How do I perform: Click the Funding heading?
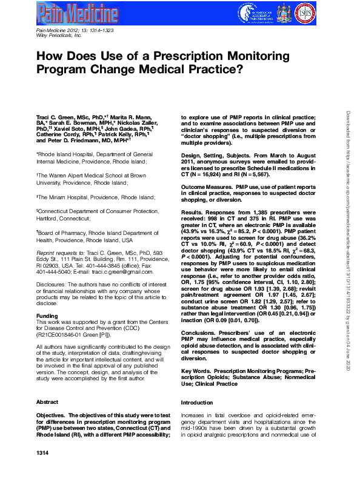coord(47,316)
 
